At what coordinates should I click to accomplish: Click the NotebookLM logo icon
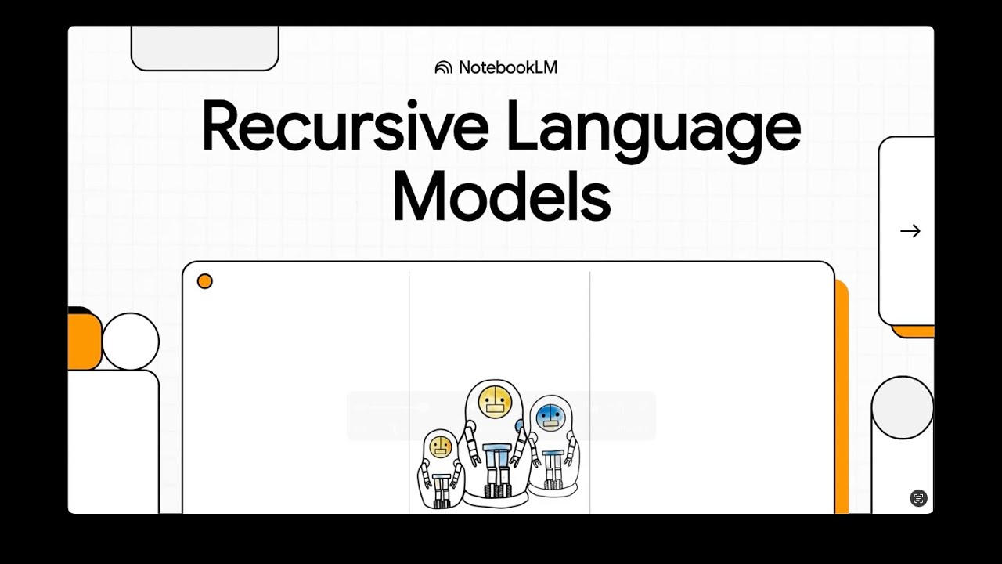point(443,67)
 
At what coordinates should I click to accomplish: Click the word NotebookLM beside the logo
point(508,67)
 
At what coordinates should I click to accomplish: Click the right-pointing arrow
point(910,231)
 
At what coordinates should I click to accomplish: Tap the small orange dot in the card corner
point(205,281)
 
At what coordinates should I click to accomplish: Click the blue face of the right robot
point(551,415)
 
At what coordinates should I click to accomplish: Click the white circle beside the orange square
point(131,342)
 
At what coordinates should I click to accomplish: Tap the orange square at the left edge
point(84,342)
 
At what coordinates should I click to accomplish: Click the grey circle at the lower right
point(902,407)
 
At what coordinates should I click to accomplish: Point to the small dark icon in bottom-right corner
point(918,498)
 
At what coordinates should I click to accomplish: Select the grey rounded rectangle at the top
point(204,48)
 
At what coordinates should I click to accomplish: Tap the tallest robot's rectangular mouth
point(495,408)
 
